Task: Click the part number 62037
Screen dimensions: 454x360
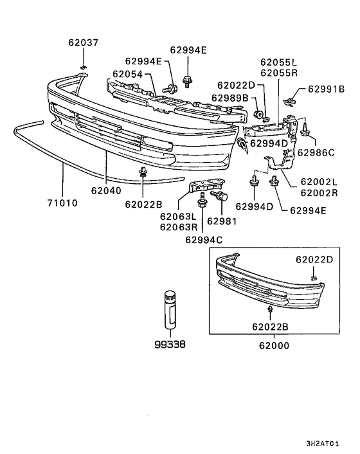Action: click(x=84, y=43)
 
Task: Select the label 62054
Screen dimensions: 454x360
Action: click(x=127, y=74)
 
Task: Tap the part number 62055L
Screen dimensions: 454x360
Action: click(x=279, y=62)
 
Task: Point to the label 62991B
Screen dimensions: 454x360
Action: click(x=326, y=89)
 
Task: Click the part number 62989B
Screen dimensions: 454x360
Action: click(x=230, y=98)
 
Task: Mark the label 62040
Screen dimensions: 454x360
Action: click(x=105, y=190)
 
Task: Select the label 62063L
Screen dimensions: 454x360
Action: click(x=177, y=217)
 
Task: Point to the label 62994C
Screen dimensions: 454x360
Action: click(x=204, y=240)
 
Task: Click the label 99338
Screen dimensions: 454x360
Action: click(x=170, y=344)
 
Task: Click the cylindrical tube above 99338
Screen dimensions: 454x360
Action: click(x=170, y=310)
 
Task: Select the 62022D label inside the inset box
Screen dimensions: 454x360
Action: click(x=314, y=260)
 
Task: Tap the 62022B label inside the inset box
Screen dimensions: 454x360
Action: click(x=271, y=327)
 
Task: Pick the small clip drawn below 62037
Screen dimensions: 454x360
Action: click(x=83, y=66)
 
